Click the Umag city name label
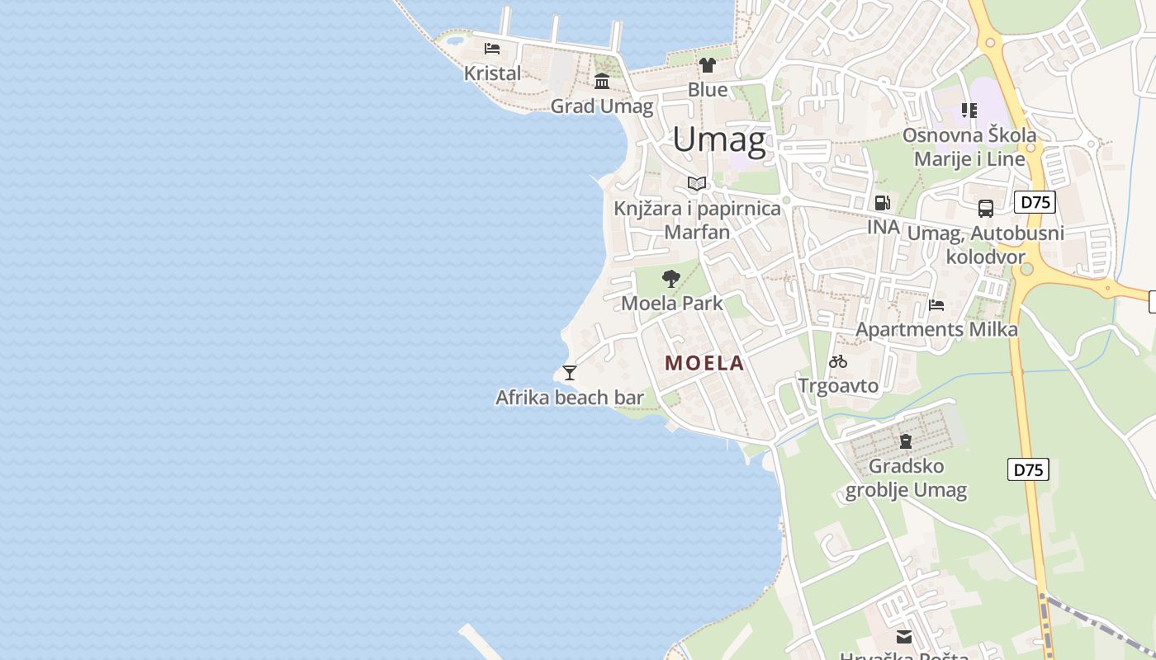tap(718, 140)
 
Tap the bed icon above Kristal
tap(492, 48)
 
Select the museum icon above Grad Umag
tap(602, 81)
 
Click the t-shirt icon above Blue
tap(707, 64)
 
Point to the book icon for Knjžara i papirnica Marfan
tap(697, 183)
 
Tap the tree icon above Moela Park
tap(671, 278)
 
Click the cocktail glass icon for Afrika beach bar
tap(569, 372)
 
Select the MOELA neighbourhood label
tap(704, 363)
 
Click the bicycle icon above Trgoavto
tap(838, 361)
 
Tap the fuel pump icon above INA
tap(882, 202)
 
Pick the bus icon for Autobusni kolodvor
tap(985, 208)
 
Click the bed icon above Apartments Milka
tap(936, 304)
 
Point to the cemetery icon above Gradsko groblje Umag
tap(906, 441)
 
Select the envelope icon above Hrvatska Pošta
tap(904, 636)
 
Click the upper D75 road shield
tap(1035, 202)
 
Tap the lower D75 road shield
tap(1028, 470)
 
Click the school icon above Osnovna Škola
tap(969, 110)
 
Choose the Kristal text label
tap(492, 73)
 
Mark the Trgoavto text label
tap(838, 385)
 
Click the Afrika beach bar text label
tap(569, 398)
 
